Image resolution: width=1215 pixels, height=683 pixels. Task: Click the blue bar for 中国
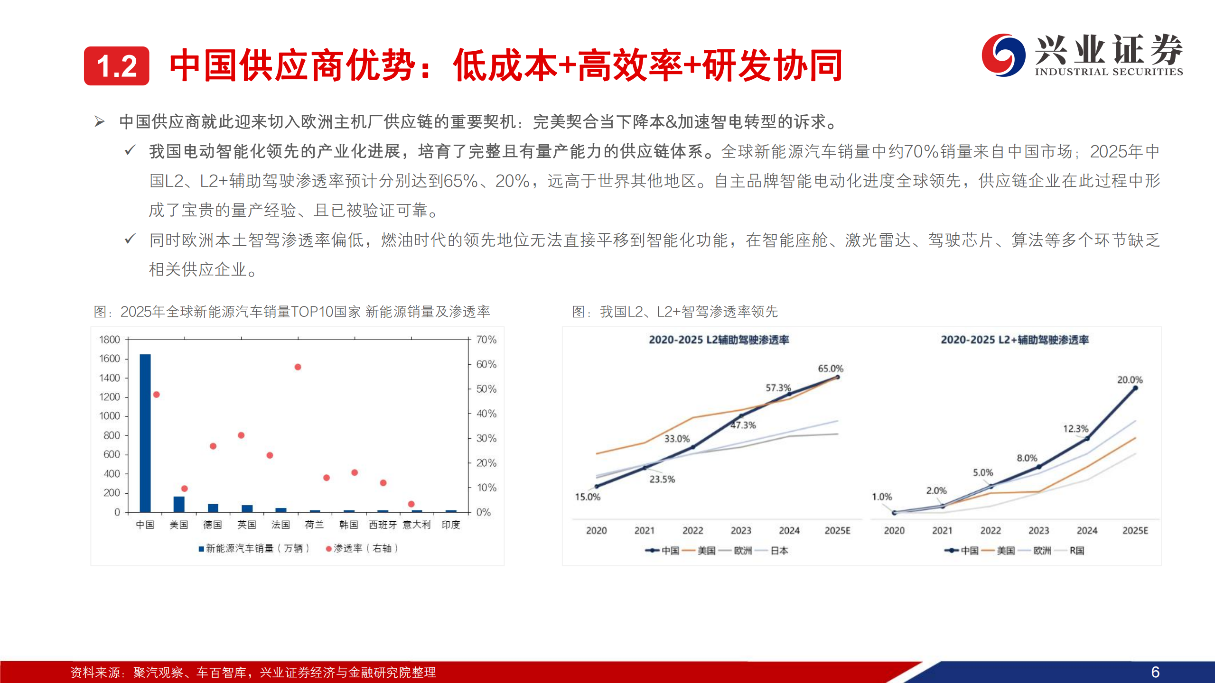tap(145, 433)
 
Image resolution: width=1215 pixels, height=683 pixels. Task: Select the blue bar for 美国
tap(179, 504)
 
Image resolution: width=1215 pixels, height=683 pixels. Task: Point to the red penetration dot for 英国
tap(241, 435)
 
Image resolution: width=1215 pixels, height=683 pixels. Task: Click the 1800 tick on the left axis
tap(110, 340)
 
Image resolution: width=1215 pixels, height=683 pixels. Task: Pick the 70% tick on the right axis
tap(486, 340)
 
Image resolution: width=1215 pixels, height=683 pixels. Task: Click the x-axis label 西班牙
tap(383, 525)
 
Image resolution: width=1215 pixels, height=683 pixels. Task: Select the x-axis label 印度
tap(451, 525)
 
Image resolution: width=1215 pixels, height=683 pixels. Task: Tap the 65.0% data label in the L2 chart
tap(831, 369)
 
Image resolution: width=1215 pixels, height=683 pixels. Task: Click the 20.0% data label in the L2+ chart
tap(1130, 380)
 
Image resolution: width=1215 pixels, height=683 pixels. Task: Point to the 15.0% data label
tap(588, 497)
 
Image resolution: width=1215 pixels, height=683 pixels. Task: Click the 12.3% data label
tap(1075, 429)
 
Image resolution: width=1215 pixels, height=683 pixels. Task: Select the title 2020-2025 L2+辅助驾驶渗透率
tap(1015, 340)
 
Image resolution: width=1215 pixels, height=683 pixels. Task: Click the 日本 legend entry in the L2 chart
tap(779, 551)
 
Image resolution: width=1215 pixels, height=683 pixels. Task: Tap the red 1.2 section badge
tap(117, 66)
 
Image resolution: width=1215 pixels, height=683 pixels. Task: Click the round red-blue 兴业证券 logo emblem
tap(1003, 55)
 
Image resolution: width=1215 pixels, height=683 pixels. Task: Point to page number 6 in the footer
tap(1155, 672)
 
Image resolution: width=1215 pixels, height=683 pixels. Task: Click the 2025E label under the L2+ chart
tap(1135, 531)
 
